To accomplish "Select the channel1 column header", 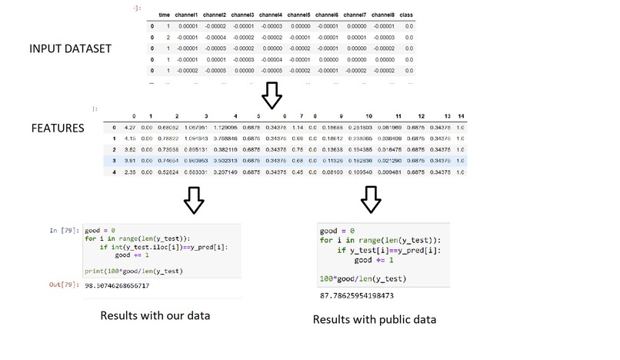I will tap(190, 15).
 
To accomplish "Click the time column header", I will tap(164, 15).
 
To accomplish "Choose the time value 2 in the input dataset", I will tap(167, 37).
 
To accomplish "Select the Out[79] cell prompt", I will tap(64, 286).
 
